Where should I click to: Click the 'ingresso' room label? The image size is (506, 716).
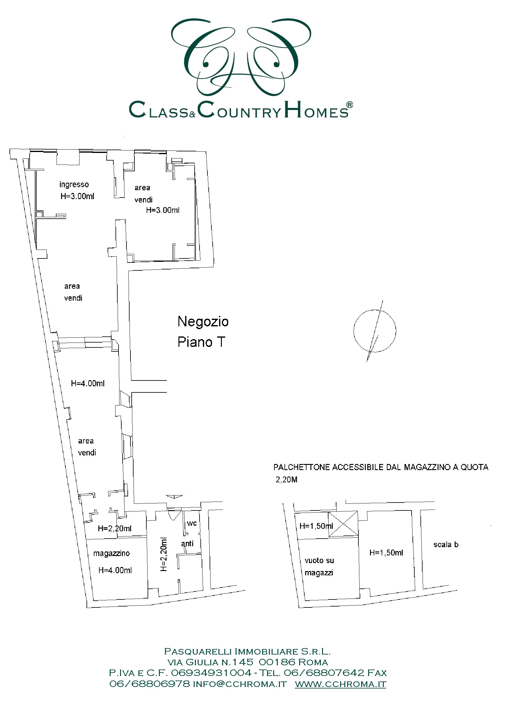coord(74,185)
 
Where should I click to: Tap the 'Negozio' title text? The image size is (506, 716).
coord(203,321)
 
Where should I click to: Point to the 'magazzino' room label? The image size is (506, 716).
coord(112,554)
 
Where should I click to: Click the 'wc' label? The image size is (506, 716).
coord(192,524)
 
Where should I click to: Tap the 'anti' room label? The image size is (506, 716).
coord(187,543)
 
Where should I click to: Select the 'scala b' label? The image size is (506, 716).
coord(446,544)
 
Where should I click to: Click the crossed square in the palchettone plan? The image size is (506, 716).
coord(343,524)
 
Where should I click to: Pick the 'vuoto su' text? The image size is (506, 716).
coord(319,560)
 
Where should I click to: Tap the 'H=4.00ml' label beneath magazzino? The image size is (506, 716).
coord(115,570)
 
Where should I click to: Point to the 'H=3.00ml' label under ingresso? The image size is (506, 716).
coord(77,196)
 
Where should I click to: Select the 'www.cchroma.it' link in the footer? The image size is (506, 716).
coord(341,684)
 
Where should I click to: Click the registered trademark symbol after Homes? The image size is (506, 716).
coord(350,105)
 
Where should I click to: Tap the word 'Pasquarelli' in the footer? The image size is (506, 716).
coord(198,651)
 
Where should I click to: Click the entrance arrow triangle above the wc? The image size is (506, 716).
coord(174,497)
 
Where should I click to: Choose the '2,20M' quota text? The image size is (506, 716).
coord(286,480)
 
